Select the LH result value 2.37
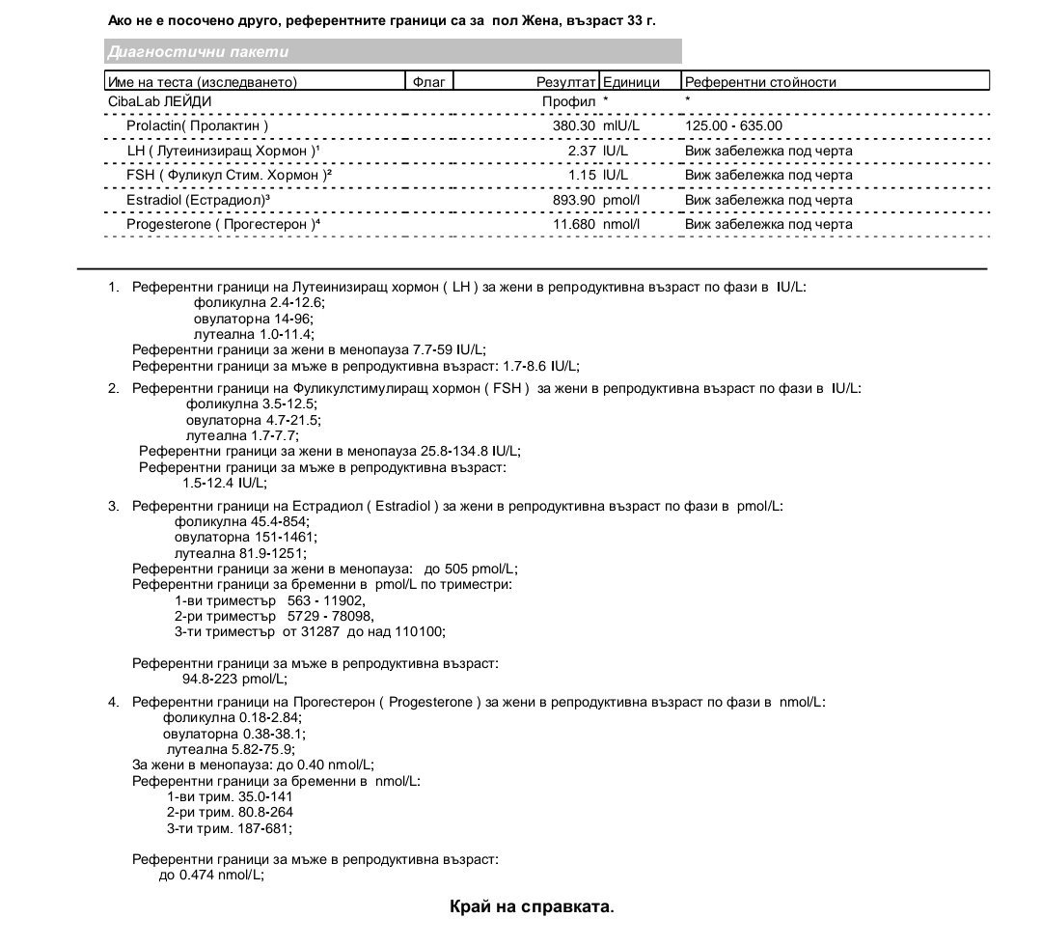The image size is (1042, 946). point(582,151)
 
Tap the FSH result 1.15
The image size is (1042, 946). point(582,176)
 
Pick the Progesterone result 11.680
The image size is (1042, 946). point(572,225)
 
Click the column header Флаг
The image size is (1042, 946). point(428,82)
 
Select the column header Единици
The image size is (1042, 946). point(631,82)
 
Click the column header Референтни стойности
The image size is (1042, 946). point(760,82)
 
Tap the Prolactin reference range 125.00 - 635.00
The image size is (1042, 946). point(733,125)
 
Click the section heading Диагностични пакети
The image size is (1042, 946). point(198,52)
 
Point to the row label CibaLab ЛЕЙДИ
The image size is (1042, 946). point(160,100)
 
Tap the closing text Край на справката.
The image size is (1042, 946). point(532,906)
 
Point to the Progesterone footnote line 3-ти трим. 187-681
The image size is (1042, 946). point(229,828)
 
